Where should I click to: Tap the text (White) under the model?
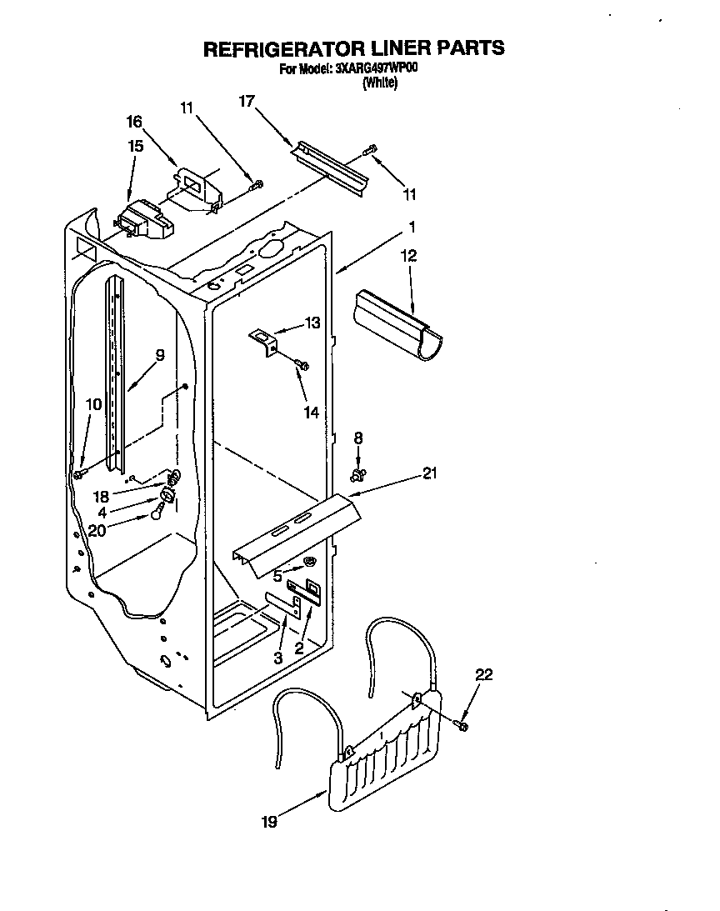pos(379,83)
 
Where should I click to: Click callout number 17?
pos(246,101)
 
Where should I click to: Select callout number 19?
pos(268,822)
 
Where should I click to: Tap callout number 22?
pos(483,675)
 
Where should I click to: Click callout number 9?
pos(159,354)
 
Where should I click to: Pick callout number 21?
pos(429,474)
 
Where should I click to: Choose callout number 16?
pos(134,122)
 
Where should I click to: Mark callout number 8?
pos(358,437)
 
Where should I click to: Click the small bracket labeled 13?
pos(263,341)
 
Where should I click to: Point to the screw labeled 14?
pos(302,364)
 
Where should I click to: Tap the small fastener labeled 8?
pos(359,475)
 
